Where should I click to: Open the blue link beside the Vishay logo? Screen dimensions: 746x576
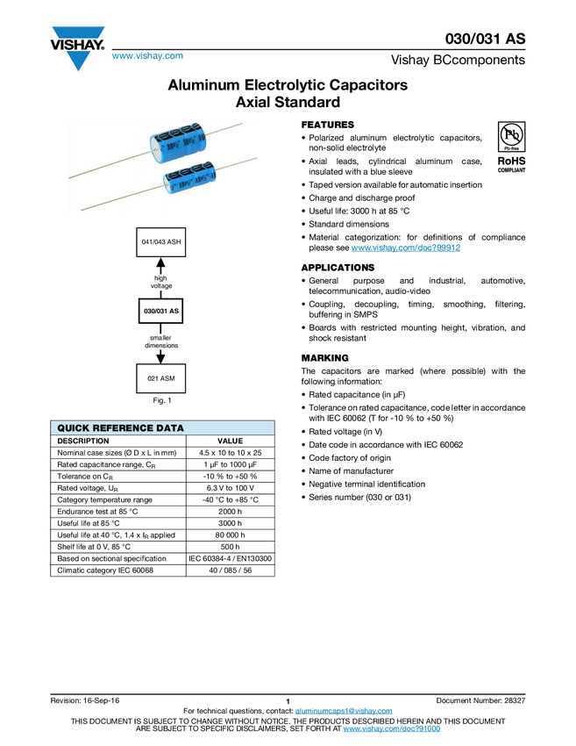[x=147, y=57]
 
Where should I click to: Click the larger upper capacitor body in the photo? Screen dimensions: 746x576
[x=181, y=144]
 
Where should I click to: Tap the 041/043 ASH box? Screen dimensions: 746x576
[x=161, y=241]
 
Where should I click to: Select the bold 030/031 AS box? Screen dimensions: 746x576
[x=161, y=311]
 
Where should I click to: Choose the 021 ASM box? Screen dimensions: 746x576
[x=161, y=379]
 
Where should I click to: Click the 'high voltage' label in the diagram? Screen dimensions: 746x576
[x=161, y=282]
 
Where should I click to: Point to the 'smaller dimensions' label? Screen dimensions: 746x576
[x=161, y=341]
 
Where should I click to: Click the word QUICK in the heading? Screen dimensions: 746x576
[x=74, y=428]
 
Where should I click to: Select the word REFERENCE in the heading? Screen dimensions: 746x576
[x=122, y=428]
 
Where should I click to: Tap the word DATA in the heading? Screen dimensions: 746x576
[x=168, y=428]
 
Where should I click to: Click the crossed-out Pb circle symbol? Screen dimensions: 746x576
[x=512, y=134]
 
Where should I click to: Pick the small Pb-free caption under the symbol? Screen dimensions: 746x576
[x=512, y=150]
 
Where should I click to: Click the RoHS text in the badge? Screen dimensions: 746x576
[x=512, y=161]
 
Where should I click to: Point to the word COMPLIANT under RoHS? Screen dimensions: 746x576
[x=512, y=171]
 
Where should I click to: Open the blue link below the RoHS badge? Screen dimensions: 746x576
[x=406, y=248]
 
